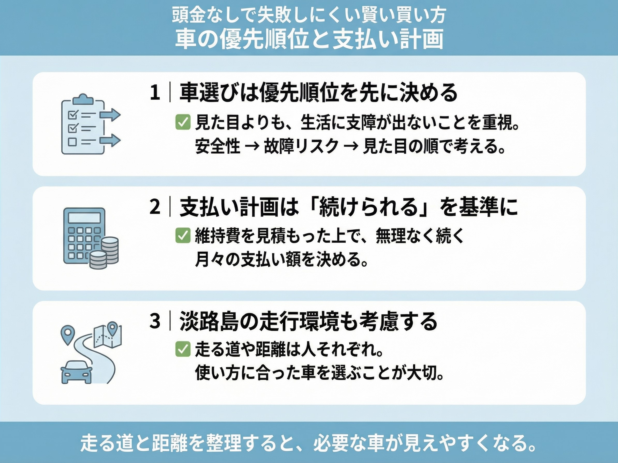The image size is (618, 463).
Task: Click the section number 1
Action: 155,93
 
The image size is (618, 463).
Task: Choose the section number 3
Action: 155,321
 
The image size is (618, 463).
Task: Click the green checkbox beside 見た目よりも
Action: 183,122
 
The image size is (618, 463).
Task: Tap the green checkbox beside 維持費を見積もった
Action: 183,236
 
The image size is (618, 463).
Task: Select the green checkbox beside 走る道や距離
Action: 183,349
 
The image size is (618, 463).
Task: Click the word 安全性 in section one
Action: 218,146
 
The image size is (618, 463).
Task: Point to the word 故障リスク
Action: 301,146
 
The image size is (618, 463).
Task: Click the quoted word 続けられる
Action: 368,208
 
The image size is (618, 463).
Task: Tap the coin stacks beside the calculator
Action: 105,253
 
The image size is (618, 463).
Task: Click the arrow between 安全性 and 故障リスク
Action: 252,147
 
